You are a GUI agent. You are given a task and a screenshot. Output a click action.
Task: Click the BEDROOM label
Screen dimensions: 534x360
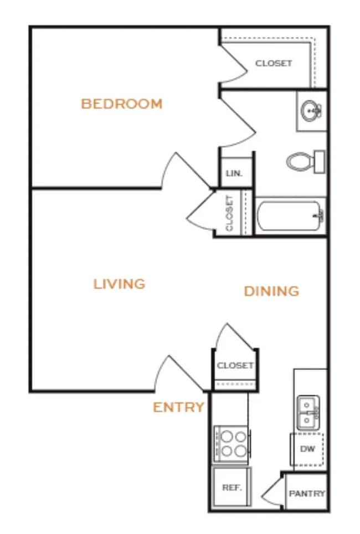122,104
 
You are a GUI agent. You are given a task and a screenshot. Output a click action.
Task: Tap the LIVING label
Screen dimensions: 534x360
119,284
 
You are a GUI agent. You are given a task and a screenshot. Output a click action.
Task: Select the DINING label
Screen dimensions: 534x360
271,291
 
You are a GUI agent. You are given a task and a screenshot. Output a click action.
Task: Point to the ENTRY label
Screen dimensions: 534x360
178,408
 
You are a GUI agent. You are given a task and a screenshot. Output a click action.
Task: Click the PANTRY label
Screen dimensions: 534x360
307,494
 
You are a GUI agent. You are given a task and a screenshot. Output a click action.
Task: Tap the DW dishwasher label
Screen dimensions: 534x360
307,449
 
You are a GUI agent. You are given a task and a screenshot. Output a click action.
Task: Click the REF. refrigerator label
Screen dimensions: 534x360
230,488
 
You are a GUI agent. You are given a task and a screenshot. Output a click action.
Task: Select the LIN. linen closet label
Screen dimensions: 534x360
234,173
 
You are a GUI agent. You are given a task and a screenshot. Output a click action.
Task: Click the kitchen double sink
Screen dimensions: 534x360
307,413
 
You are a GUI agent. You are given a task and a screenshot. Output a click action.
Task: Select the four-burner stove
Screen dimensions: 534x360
232,443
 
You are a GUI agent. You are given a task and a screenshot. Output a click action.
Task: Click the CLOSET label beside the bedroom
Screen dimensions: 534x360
274,63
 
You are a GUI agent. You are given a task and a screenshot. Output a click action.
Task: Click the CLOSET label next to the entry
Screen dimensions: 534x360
235,366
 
